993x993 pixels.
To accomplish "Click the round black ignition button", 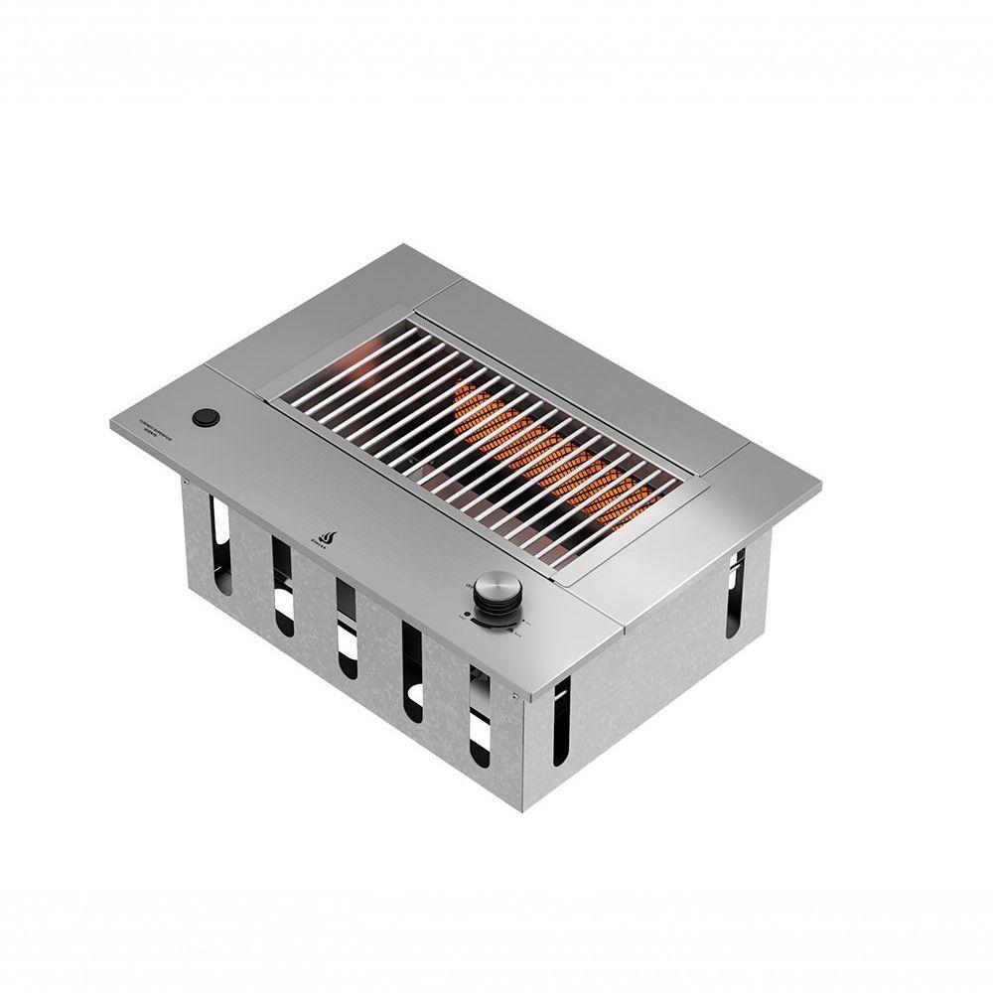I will click(x=207, y=417).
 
